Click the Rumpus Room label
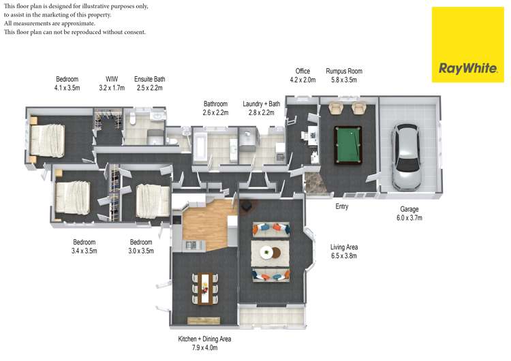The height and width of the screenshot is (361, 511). (x=344, y=71)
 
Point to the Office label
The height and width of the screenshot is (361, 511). (x=303, y=71)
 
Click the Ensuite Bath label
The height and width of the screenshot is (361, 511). (x=149, y=79)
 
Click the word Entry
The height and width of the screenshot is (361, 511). (x=342, y=206)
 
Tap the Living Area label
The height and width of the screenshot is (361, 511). (x=344, y=247)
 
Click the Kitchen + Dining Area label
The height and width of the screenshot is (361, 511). (x=205, y=339)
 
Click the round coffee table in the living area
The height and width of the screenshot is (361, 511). (x=267, y=252)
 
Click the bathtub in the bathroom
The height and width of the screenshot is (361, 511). (x=202, y=146)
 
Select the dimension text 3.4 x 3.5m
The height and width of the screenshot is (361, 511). (x=84, y=251)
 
